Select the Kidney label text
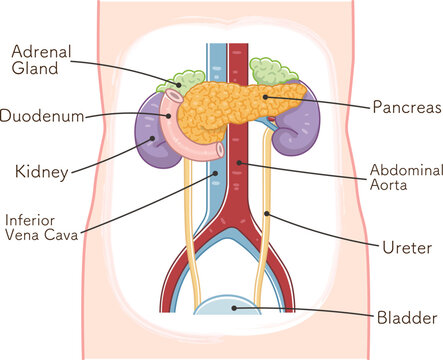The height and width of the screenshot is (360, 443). pos(41,173)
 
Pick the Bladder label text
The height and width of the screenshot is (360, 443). pos(405,318)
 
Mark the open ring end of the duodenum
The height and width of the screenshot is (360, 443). pos(173,98)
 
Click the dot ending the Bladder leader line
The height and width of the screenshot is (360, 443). pos(234,308)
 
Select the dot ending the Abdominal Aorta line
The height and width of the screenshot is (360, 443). pos(241,162)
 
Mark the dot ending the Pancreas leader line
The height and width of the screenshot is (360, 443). pos(266,98)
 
